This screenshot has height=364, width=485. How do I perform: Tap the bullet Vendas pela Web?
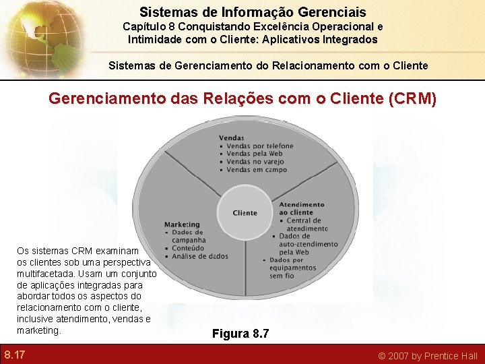coord(255,154)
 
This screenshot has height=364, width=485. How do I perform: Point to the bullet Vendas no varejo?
coord(255,162)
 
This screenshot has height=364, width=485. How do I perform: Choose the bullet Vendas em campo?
coord(255,170)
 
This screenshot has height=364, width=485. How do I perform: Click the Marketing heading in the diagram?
coord(182,224)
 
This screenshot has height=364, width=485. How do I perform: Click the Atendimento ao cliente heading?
coord(301,208)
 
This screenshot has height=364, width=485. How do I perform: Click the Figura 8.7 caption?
coord(240,333)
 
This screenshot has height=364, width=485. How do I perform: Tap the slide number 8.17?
coord(14,355)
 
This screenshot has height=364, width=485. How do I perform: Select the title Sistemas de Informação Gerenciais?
coord(253,12)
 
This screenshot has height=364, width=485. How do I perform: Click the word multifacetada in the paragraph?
coord(46,274)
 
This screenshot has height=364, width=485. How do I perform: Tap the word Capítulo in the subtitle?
coord(145,27)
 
